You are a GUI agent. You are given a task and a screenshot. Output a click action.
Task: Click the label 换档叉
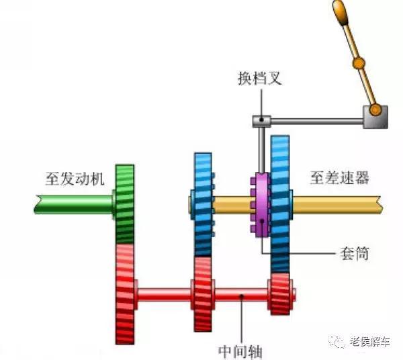coord(259,79)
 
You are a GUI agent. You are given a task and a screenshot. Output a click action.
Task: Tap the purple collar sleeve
coord(259,206)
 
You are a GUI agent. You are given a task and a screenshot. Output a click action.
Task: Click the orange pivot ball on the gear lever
coord(357,64)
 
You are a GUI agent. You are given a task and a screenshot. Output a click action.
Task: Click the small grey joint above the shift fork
coord(261,121)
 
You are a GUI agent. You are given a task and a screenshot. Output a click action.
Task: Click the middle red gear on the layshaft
coord(202,294)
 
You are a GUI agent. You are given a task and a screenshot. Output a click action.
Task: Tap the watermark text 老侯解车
coord(369,342)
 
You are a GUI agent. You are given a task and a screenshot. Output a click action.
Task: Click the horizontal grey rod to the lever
coord(316,121)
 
